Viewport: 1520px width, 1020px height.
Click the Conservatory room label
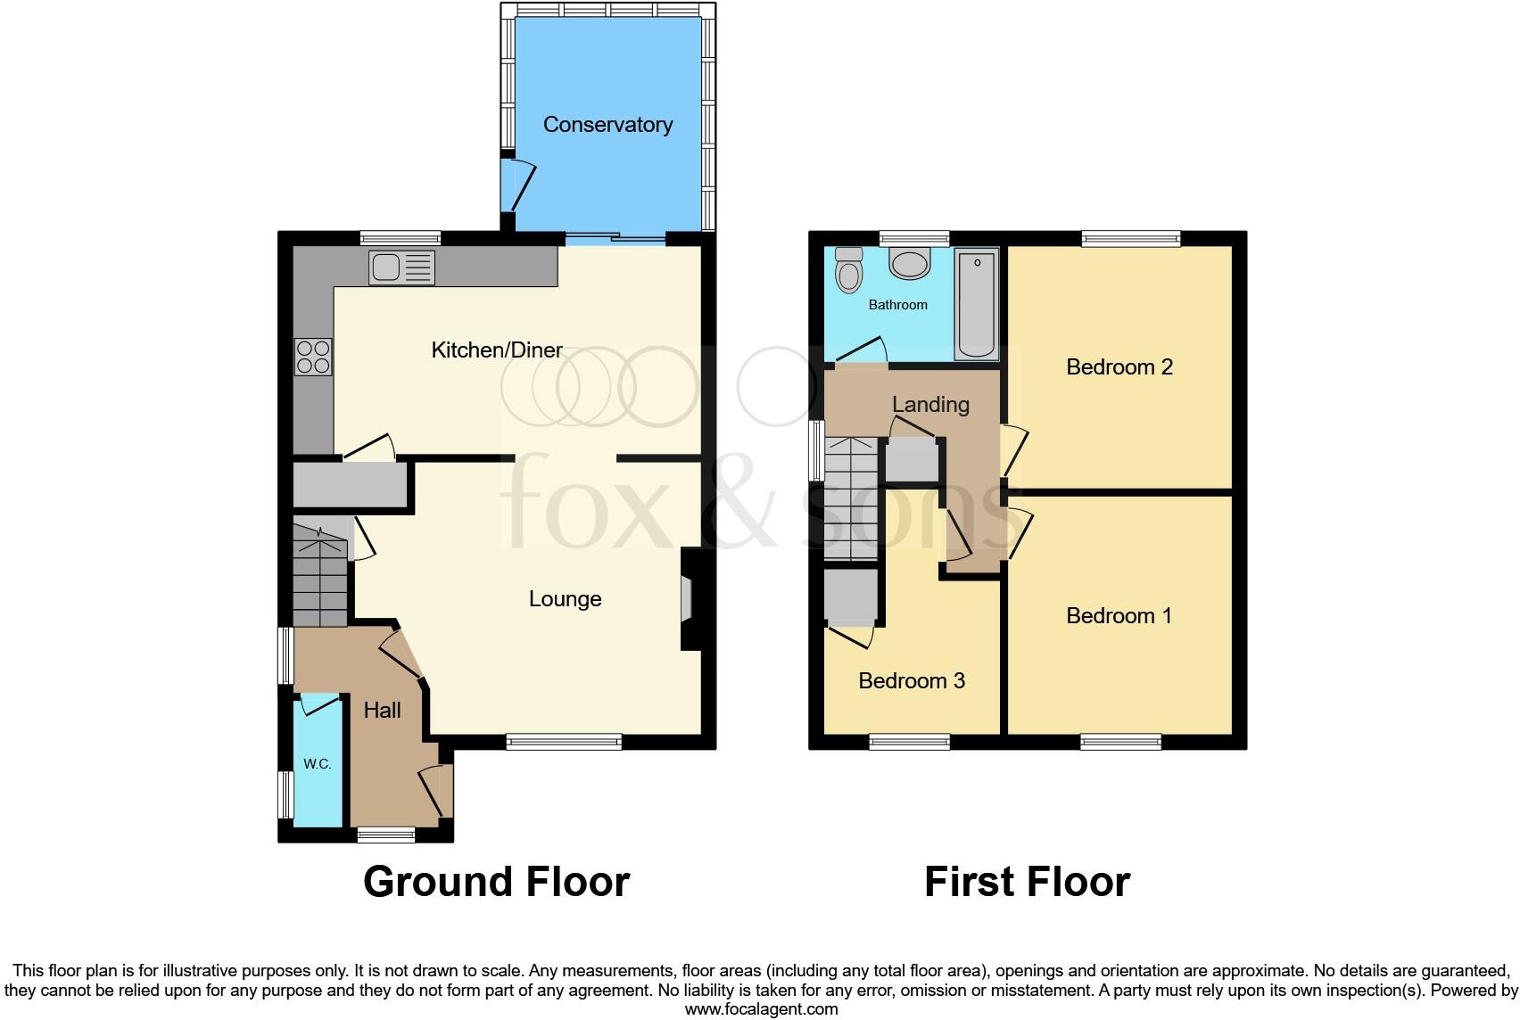pyautogui.click(x=607, y=125)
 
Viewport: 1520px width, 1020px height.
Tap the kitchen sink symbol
pyautogui.click(x=401, y=267)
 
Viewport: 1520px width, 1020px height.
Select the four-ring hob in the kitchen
pyautogui.click(x=313, y=357)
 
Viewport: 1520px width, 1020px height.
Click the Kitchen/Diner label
pyautogui.click(x=497, y=350)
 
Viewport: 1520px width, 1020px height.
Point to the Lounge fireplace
pyautogui.click(x=688, y=598)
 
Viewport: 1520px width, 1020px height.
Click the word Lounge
pyautogui.click(x=565, y=599)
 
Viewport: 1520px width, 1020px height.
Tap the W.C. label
pyautogui.click(x=317, y=764)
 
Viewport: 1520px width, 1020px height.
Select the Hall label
pyautogui.click(x=382, y=711)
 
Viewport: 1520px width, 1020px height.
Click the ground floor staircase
pyautogui.click(x=319, y=575)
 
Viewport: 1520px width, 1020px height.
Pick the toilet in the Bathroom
pyautogui.click(x=848, y=269)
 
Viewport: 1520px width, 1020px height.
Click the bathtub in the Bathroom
pyautogui.click(x=976, y=303)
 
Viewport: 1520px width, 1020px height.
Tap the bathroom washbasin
pyautogui.click(x=910, y=264)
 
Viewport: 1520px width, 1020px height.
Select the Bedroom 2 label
pyautogui.click(x=1119, y=367)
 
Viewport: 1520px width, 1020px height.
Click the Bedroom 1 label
pyautogui.click(x=1119, y=616)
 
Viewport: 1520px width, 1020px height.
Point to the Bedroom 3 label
pyautogui.click(x=911, y=681)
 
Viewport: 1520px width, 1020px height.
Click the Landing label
pyautogui.click(x=930, y=405)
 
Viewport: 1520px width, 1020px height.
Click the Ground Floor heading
pyautogui.click(x=496, y=882)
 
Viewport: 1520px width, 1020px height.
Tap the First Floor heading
pyautogui.click(x=1027, y=882)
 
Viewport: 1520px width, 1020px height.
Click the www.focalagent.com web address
pyautogui.click(x=761, y=1009)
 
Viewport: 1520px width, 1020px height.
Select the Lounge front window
pyautogui.click(x=564, y=742)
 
